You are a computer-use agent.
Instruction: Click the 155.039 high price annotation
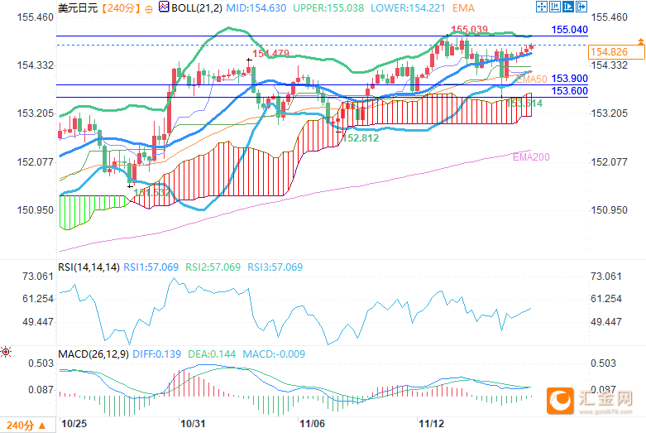pyautogui.click(x=469, y=30)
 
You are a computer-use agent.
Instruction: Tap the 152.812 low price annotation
pyautogui.click(x=361, y=138)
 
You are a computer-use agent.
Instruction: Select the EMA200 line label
pyautogui.click(x=530, y=156)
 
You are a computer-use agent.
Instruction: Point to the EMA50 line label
pyautogui.click(x=531, y=79)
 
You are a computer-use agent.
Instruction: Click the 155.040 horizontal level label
pyautogui.click(x=569, y=29)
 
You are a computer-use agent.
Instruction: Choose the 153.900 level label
pyautogui.click(x=569, y=78)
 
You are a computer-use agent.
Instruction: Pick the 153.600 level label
pyautogui.click(x=569, y=91)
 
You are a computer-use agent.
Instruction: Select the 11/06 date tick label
pyautogui.click(x=311, y=423)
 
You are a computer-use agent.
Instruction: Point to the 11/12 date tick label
pyautogui.click(x=430, y=423)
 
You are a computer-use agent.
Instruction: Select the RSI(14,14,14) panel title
pyautogui.click(x=89, y=267)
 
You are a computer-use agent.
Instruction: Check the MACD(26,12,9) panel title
pyautogui.click(x=93, y=354)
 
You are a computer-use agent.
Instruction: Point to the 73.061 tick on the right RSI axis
pyautogui.click(x=607, y=276)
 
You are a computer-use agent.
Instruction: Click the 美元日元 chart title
pyautogui.click(x=76, y=7)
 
